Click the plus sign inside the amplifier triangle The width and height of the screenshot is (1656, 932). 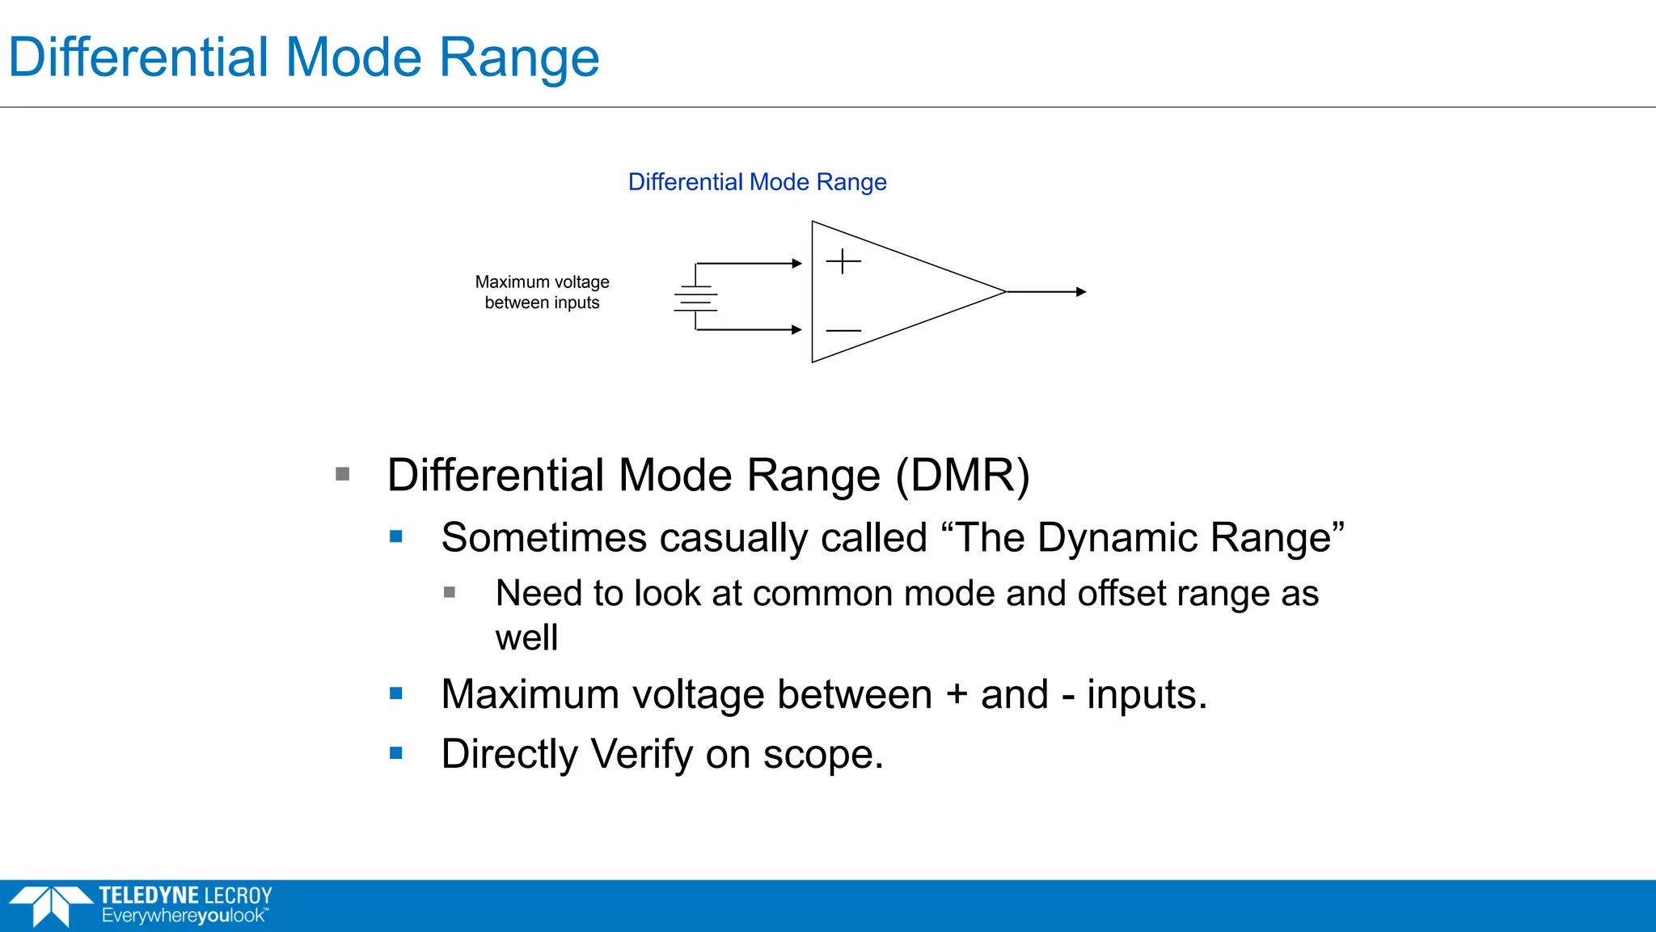point(843,261)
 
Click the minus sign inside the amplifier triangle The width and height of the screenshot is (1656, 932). point(843,330)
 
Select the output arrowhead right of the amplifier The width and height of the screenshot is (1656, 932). point(1081,291)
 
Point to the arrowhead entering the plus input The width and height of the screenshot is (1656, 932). point(797,263)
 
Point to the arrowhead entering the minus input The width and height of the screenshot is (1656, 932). point(797,329)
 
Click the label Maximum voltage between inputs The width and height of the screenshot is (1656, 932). point(542,292)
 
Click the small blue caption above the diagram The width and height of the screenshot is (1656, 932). point(757,182)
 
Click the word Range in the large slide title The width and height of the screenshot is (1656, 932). point(518,58)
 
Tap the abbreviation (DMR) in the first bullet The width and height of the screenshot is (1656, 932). point(962,475)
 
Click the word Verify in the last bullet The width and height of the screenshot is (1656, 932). point(641,754)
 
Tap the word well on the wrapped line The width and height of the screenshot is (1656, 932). point(526,638)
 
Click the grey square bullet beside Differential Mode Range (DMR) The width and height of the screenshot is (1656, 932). point(343,474)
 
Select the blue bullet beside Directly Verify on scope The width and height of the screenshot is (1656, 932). point(396,753)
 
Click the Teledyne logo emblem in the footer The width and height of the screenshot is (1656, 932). point(50,905)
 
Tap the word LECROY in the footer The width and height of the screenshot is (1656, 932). point(238,896)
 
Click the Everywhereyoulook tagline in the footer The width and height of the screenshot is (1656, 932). point(184,916)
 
